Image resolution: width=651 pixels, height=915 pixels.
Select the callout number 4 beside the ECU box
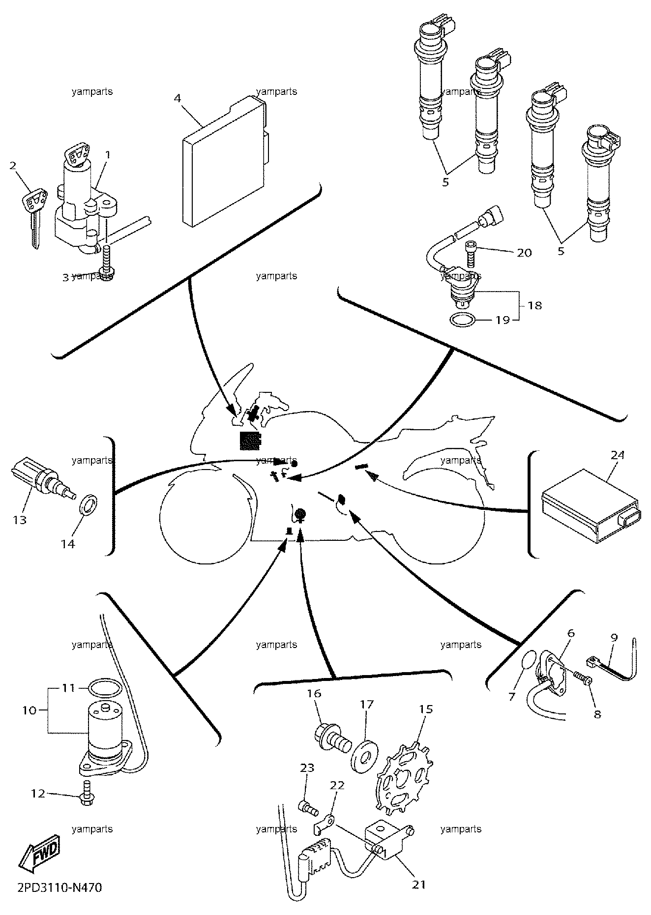click(x=178, y=98)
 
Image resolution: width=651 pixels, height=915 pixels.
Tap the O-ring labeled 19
click(x=463, y=320)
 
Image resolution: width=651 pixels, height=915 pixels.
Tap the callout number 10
click(x=30, y=711)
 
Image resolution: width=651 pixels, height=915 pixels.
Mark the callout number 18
click(x=535, y=305)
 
